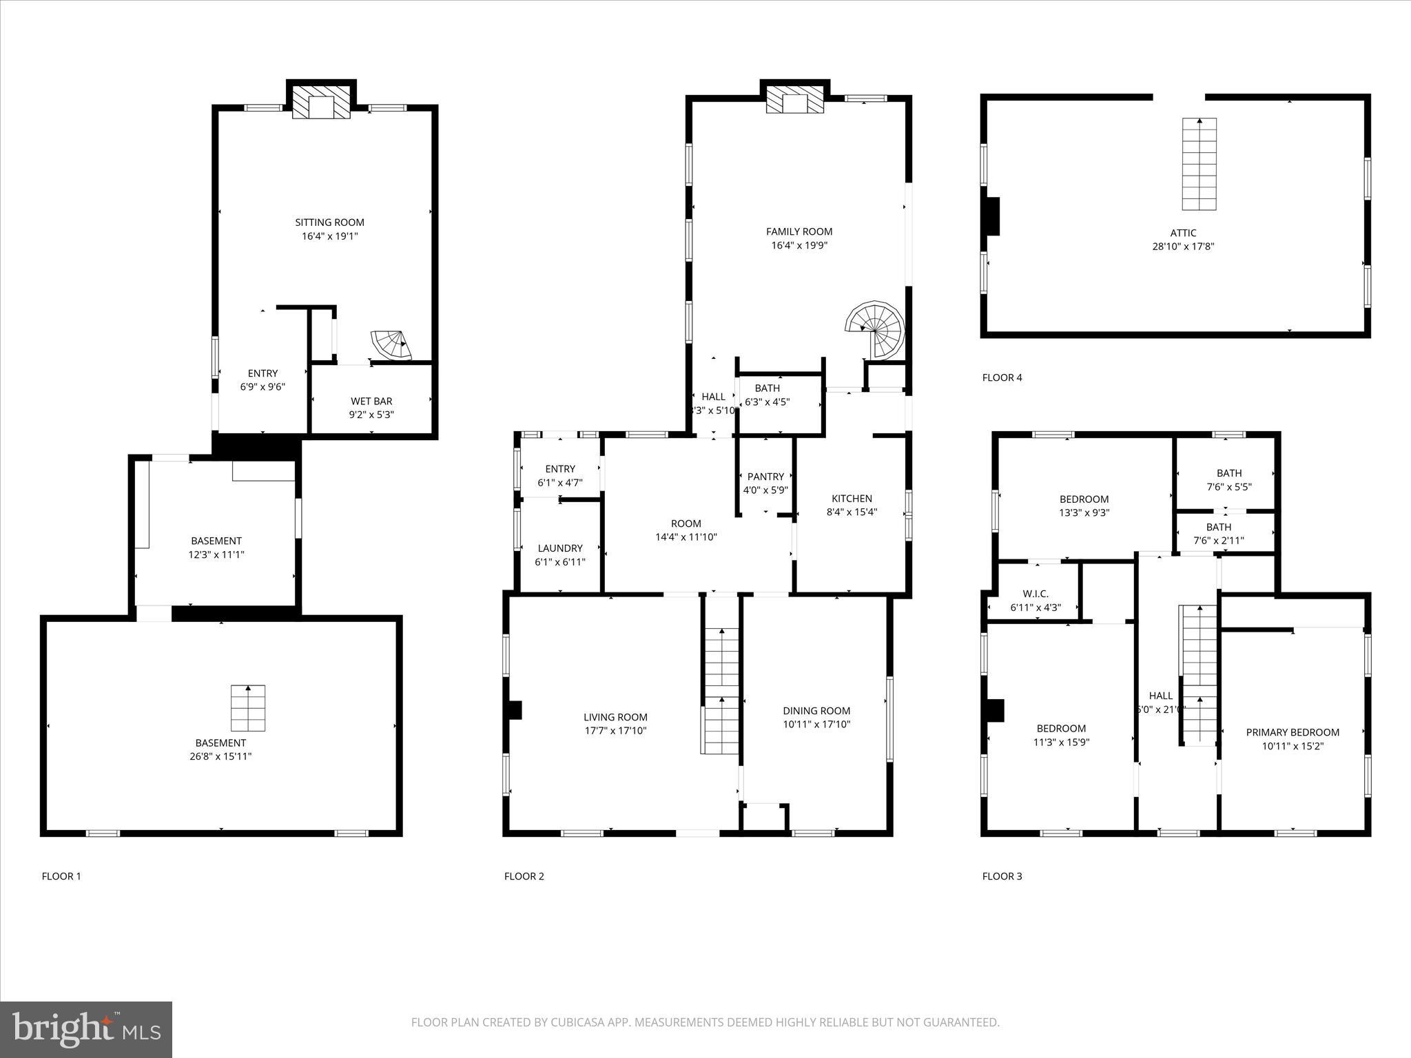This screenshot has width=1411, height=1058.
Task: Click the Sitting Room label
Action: click(x=329, y=222)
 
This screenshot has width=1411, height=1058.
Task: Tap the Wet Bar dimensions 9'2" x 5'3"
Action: click(x=371, y=415)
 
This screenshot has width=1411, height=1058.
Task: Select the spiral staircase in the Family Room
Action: click(x=876, y=329)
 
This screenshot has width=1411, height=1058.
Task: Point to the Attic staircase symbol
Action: click(x=1199, y=164)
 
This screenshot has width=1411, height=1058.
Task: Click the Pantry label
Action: click(x=765, y=477)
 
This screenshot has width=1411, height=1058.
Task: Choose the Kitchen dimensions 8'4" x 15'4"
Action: click(x=852, y=512)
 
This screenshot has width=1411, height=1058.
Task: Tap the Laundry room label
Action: click(x=560, y=548)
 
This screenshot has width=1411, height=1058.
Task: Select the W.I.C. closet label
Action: click(x=1036, y=594)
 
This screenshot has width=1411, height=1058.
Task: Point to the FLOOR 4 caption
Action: click(x=1002, y=377)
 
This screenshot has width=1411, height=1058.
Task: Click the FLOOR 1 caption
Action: click(x=61, y=876)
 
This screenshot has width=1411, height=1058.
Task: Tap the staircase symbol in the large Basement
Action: click(x=248, y=707)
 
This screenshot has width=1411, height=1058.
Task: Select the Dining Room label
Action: click(x=816, y=711)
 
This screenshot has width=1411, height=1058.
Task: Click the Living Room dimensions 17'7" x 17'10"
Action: click(x=615, y=731)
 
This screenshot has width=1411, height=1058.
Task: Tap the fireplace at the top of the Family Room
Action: click(x=795, y=99)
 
